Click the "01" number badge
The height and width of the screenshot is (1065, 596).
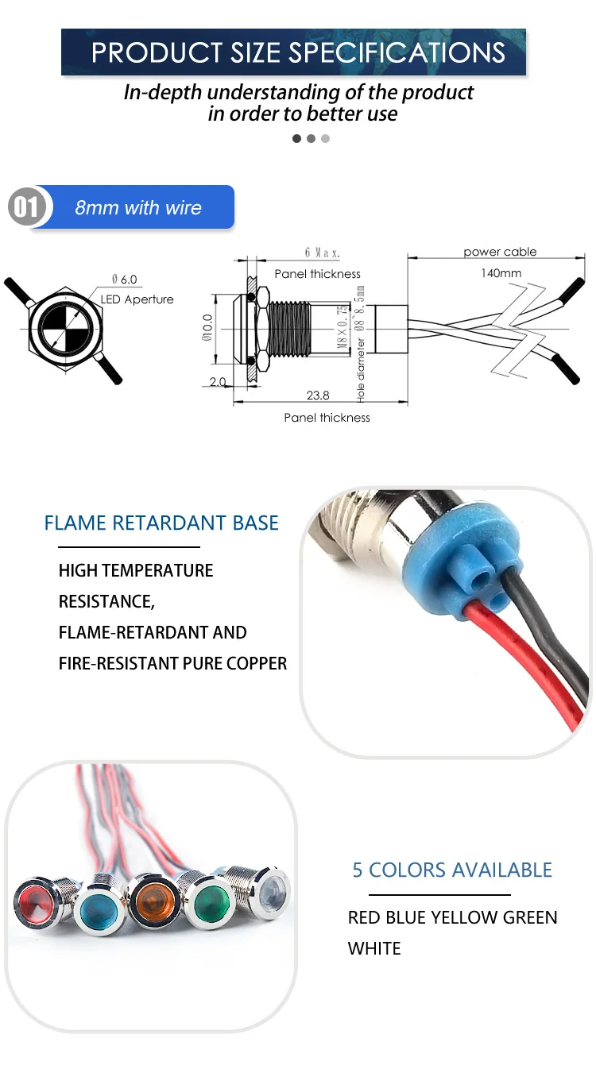coord(26,208)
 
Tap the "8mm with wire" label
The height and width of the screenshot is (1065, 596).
coord(138,208)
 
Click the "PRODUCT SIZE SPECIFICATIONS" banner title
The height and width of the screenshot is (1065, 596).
coord(298,52)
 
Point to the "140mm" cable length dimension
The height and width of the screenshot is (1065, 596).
coord(501,273)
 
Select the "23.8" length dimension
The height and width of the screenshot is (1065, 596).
coord(317,395)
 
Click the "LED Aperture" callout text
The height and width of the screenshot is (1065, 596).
coord(137,299)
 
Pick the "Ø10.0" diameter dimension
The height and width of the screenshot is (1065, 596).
coord(207,327)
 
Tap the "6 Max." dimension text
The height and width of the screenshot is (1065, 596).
coord(322,253)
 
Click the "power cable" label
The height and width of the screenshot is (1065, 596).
coord(500,252)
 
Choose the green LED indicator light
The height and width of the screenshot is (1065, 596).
coord(211,901)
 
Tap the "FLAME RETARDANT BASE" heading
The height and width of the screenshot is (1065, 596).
coord(161,523)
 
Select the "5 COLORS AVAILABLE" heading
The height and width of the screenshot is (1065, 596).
coord(452,870)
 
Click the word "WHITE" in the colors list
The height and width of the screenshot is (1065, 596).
coord(374,948)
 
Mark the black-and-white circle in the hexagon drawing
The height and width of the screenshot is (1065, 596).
coord(67,327)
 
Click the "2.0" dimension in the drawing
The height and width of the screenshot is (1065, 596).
coord(218,382)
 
